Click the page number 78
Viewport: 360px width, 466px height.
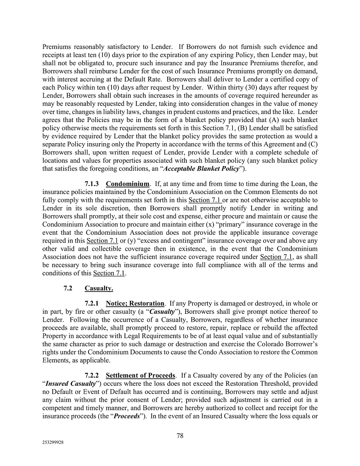tap(180, 436)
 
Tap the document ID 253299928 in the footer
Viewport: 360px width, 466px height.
tap(53, 443)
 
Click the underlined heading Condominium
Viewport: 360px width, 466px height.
tap(128, 184)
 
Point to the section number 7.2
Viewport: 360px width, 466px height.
tap(68, 289)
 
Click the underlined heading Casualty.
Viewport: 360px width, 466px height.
tap(99, 289)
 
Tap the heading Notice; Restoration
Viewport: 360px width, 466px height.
tap(135, 303)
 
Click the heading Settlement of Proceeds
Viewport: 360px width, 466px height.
tap(140, 376)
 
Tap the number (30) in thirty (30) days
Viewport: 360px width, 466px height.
tap(253, 87)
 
